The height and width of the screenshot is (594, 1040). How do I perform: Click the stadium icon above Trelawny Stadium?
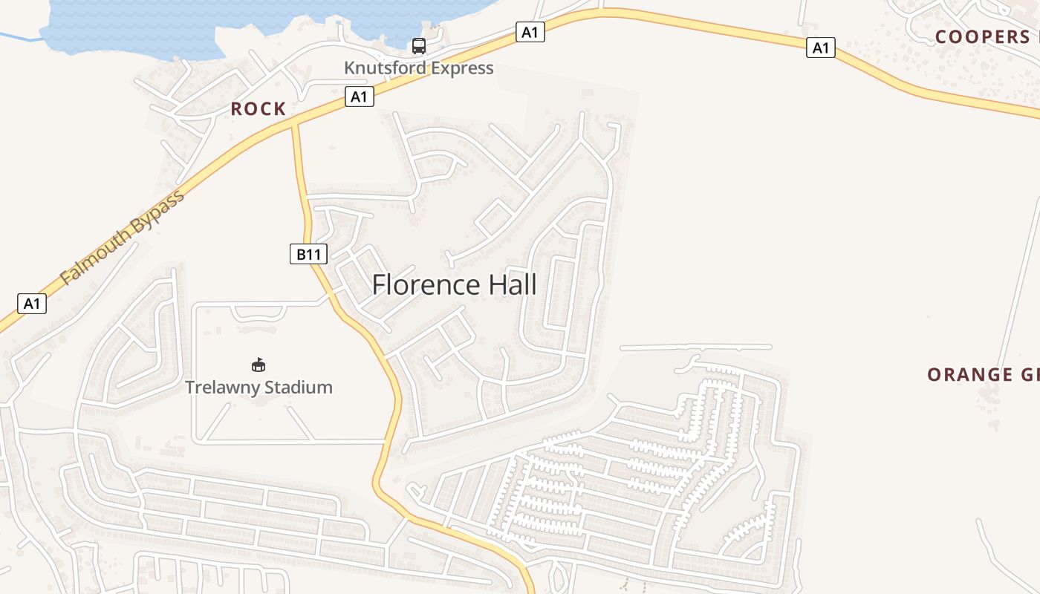pyautogui.click(x=259, y=365)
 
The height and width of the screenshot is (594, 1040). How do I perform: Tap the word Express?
pyautogui.click(x=464, y=68)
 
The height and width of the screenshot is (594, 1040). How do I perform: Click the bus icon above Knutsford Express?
pyautogui.click(x=419, y=46)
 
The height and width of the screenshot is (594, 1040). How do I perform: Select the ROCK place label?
pyautogui.click(x=259, y=109)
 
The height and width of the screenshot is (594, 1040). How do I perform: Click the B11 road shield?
pyautogui.click(x=308, y=255)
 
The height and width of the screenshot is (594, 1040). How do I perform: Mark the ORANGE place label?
pyautogui.click(x=971, y=375)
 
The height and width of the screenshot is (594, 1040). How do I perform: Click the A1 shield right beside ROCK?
pyautogui.click(x=359, y=97)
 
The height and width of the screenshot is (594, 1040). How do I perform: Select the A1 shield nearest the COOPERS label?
pyautogui.click(x=820, y=48)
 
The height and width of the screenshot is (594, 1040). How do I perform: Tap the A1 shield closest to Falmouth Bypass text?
pyautogui.click(x=31, y=303)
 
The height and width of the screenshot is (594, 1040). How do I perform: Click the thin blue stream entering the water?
pyautogui.click(x=19, y=36)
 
